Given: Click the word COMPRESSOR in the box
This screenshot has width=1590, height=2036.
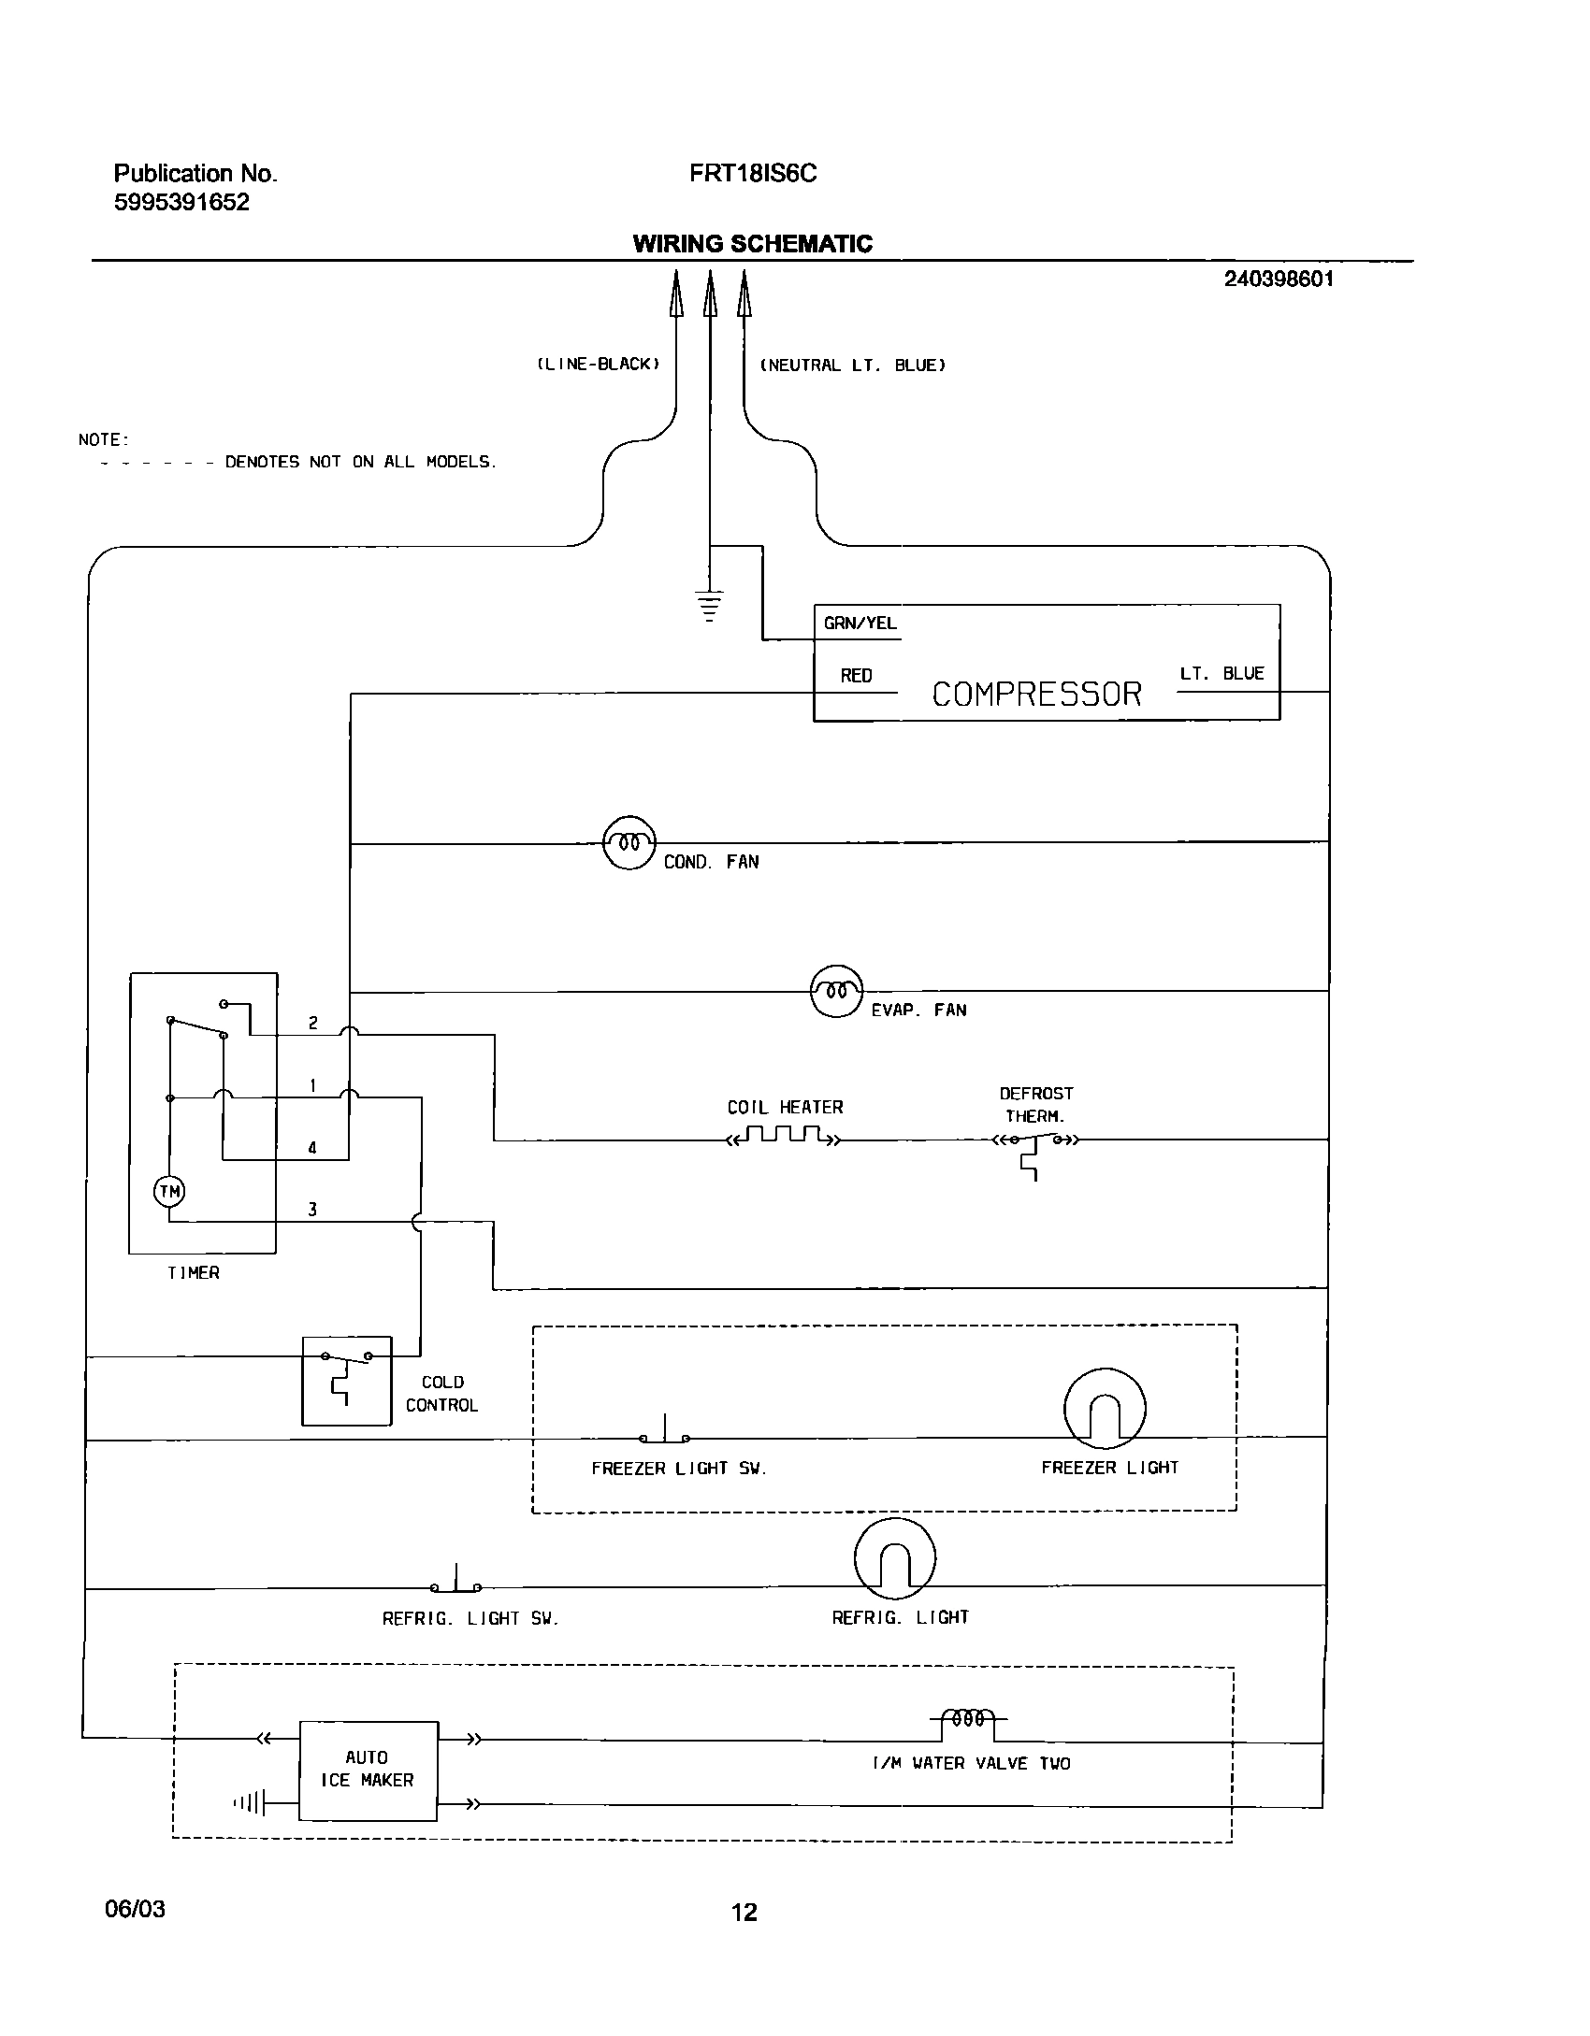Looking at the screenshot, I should click(x=1036, y=694).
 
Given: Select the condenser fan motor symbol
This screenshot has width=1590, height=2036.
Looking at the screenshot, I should click(x=629, y=843).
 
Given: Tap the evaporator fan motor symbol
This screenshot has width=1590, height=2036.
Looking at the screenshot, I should click(x=836, y=991).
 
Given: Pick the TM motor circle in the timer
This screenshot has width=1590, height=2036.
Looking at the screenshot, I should click(x=169, y=1191).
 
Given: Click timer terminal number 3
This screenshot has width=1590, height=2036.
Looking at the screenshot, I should click(x=312, y=1210).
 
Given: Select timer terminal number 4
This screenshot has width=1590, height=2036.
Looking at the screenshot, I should click(x=312, y=1148).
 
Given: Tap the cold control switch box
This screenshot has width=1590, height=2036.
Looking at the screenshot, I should click(x=346, y=1381).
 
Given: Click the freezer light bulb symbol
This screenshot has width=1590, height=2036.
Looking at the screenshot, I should click(x=1105, y=1409).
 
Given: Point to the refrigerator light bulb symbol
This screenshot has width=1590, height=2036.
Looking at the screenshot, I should click(x=894, y=1558).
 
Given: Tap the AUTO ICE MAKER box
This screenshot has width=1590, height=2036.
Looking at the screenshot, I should click(x=368, y=1770).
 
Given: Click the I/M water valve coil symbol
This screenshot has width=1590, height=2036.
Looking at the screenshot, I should click(x=967, y=1718).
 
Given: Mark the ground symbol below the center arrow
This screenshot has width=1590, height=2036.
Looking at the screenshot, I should click(x=710, y=606).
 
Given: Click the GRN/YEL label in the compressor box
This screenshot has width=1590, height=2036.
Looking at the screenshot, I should click(x=860, y=624).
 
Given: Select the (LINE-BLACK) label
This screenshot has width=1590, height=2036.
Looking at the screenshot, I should click(x=599, y=365).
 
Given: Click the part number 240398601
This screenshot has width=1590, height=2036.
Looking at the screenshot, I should click(x=1279, y=279).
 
